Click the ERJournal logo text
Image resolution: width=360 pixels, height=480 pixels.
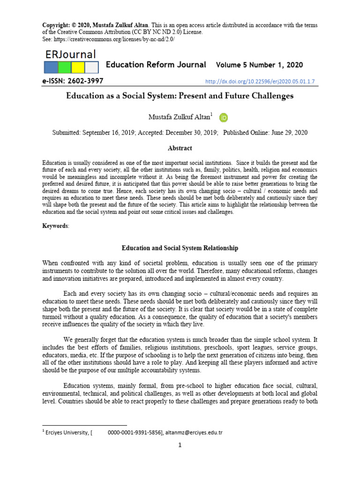71,54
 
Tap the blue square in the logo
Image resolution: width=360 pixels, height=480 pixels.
51,67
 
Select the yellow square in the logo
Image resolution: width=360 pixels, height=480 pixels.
78,67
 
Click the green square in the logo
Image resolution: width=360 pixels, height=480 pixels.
64,67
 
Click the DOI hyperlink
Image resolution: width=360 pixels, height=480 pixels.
260,82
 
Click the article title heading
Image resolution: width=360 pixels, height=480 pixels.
180,96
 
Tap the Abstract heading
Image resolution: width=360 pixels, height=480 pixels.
180,148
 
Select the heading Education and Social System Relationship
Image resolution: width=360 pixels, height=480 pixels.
180,247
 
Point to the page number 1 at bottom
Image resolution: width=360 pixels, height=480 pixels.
180,445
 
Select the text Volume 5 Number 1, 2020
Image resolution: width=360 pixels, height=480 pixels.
259,65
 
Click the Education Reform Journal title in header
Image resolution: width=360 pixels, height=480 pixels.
156,65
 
